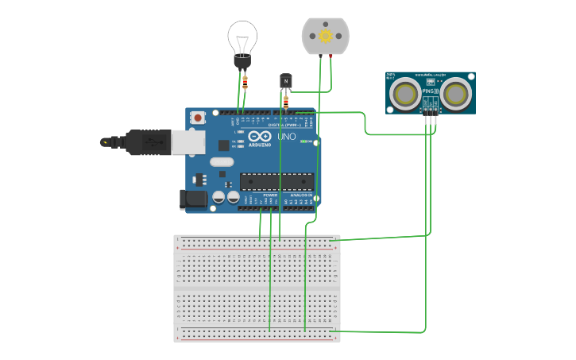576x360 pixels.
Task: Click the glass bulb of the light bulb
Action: [242, 37]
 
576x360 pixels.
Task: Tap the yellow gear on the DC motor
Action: [325, 36]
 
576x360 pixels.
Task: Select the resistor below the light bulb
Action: [245, 79]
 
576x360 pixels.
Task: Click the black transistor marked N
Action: [286, 81]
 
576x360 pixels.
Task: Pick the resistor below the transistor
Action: [286, 101]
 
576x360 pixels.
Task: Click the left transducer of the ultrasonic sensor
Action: [406, 93]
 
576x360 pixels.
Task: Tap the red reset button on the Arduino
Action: [198, 118]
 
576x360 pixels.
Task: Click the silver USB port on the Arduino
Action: [188, 141]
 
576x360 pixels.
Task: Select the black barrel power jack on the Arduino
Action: [192, 199]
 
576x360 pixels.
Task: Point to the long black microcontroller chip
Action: [276, 181]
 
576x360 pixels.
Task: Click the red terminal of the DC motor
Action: [331, 56]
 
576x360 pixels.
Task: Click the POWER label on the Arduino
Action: [270, 195]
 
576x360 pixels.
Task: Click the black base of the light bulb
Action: [242, 61]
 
